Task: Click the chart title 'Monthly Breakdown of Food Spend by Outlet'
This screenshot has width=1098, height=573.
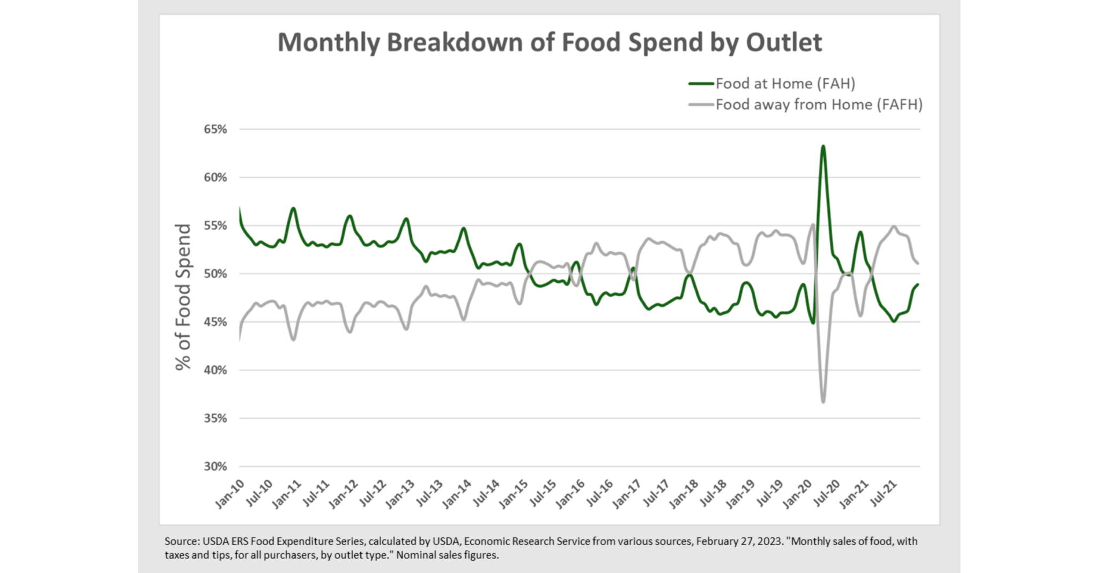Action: coord(550,42)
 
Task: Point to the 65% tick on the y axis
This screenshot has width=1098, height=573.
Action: coord(215,129)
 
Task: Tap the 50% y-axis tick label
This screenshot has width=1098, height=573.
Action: coord(215,274)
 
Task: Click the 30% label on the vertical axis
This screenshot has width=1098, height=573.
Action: coord(215,466)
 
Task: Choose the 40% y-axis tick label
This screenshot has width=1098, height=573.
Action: coord(215,370)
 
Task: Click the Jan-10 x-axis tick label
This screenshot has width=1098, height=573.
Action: coord(229,494)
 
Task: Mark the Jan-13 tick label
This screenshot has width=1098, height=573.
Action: coord(400,494)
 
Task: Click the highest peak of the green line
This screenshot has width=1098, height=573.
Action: coord(823,146)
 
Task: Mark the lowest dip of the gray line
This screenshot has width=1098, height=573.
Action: coord(823,402)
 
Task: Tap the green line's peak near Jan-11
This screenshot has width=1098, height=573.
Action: coord(293,208)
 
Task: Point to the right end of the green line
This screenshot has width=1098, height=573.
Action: coord(918,284)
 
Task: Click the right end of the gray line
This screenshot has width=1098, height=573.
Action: coord(918,263)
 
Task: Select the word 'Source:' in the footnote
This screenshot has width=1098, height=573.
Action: coord(182,541)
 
